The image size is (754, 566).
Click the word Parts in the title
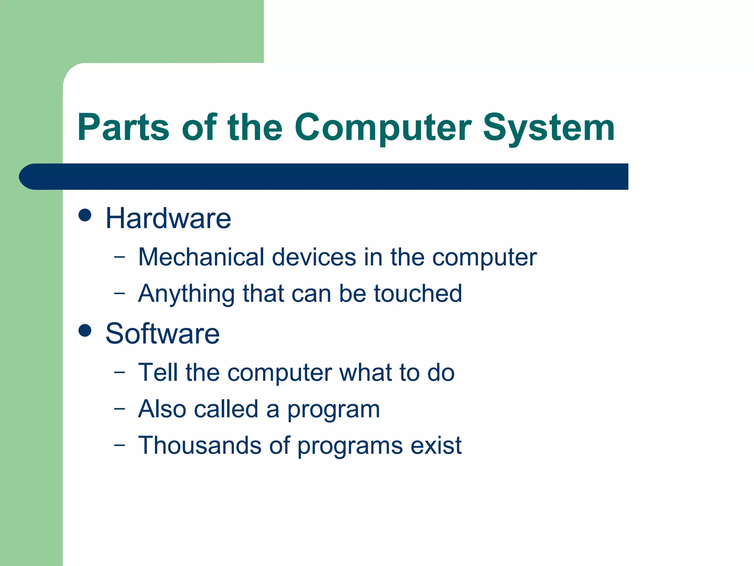point(123,127)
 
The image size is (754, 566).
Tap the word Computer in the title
point(383,127)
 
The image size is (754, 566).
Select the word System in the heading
point(548,127)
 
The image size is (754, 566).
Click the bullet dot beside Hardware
point(85,215)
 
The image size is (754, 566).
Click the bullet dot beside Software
point(85,331)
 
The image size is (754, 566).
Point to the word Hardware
point(168,219)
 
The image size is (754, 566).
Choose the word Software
point(162,334)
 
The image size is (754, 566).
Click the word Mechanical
point(201,257)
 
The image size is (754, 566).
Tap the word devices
point(314,257)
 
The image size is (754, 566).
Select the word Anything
point(186,294)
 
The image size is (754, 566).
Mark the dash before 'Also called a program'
point(119,409)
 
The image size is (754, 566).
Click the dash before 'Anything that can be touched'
point(119,293)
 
